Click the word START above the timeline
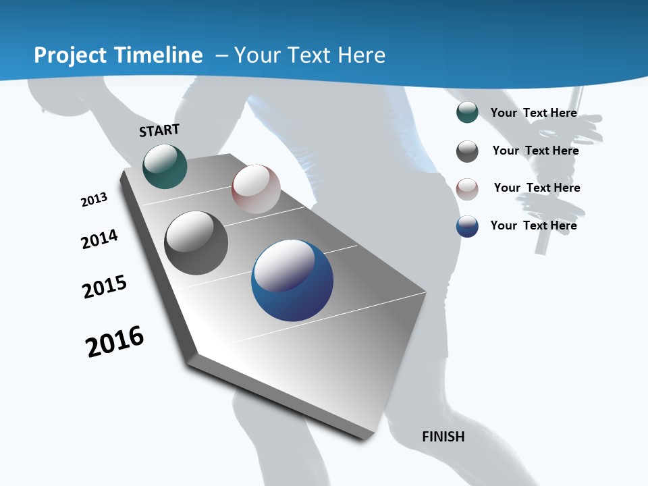[159, 130]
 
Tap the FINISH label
[443, 437]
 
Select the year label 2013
[94, 200]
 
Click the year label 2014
[100, 239]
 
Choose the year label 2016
[115, 342]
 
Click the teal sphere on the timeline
[165, 166]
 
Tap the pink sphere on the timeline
[256, 189]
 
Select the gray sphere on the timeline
[196, 243]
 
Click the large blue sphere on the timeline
[292, 281]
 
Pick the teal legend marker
[467, 113]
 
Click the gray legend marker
[467, 151]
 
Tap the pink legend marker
[467, 189]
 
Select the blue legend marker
[467, 226]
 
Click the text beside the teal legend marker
[533, 113]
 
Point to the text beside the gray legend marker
[535, 151]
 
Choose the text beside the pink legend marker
[537, 188]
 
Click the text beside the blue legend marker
[533, 225]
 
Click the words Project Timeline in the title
[118, 55]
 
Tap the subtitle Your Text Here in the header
[309, 55]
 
